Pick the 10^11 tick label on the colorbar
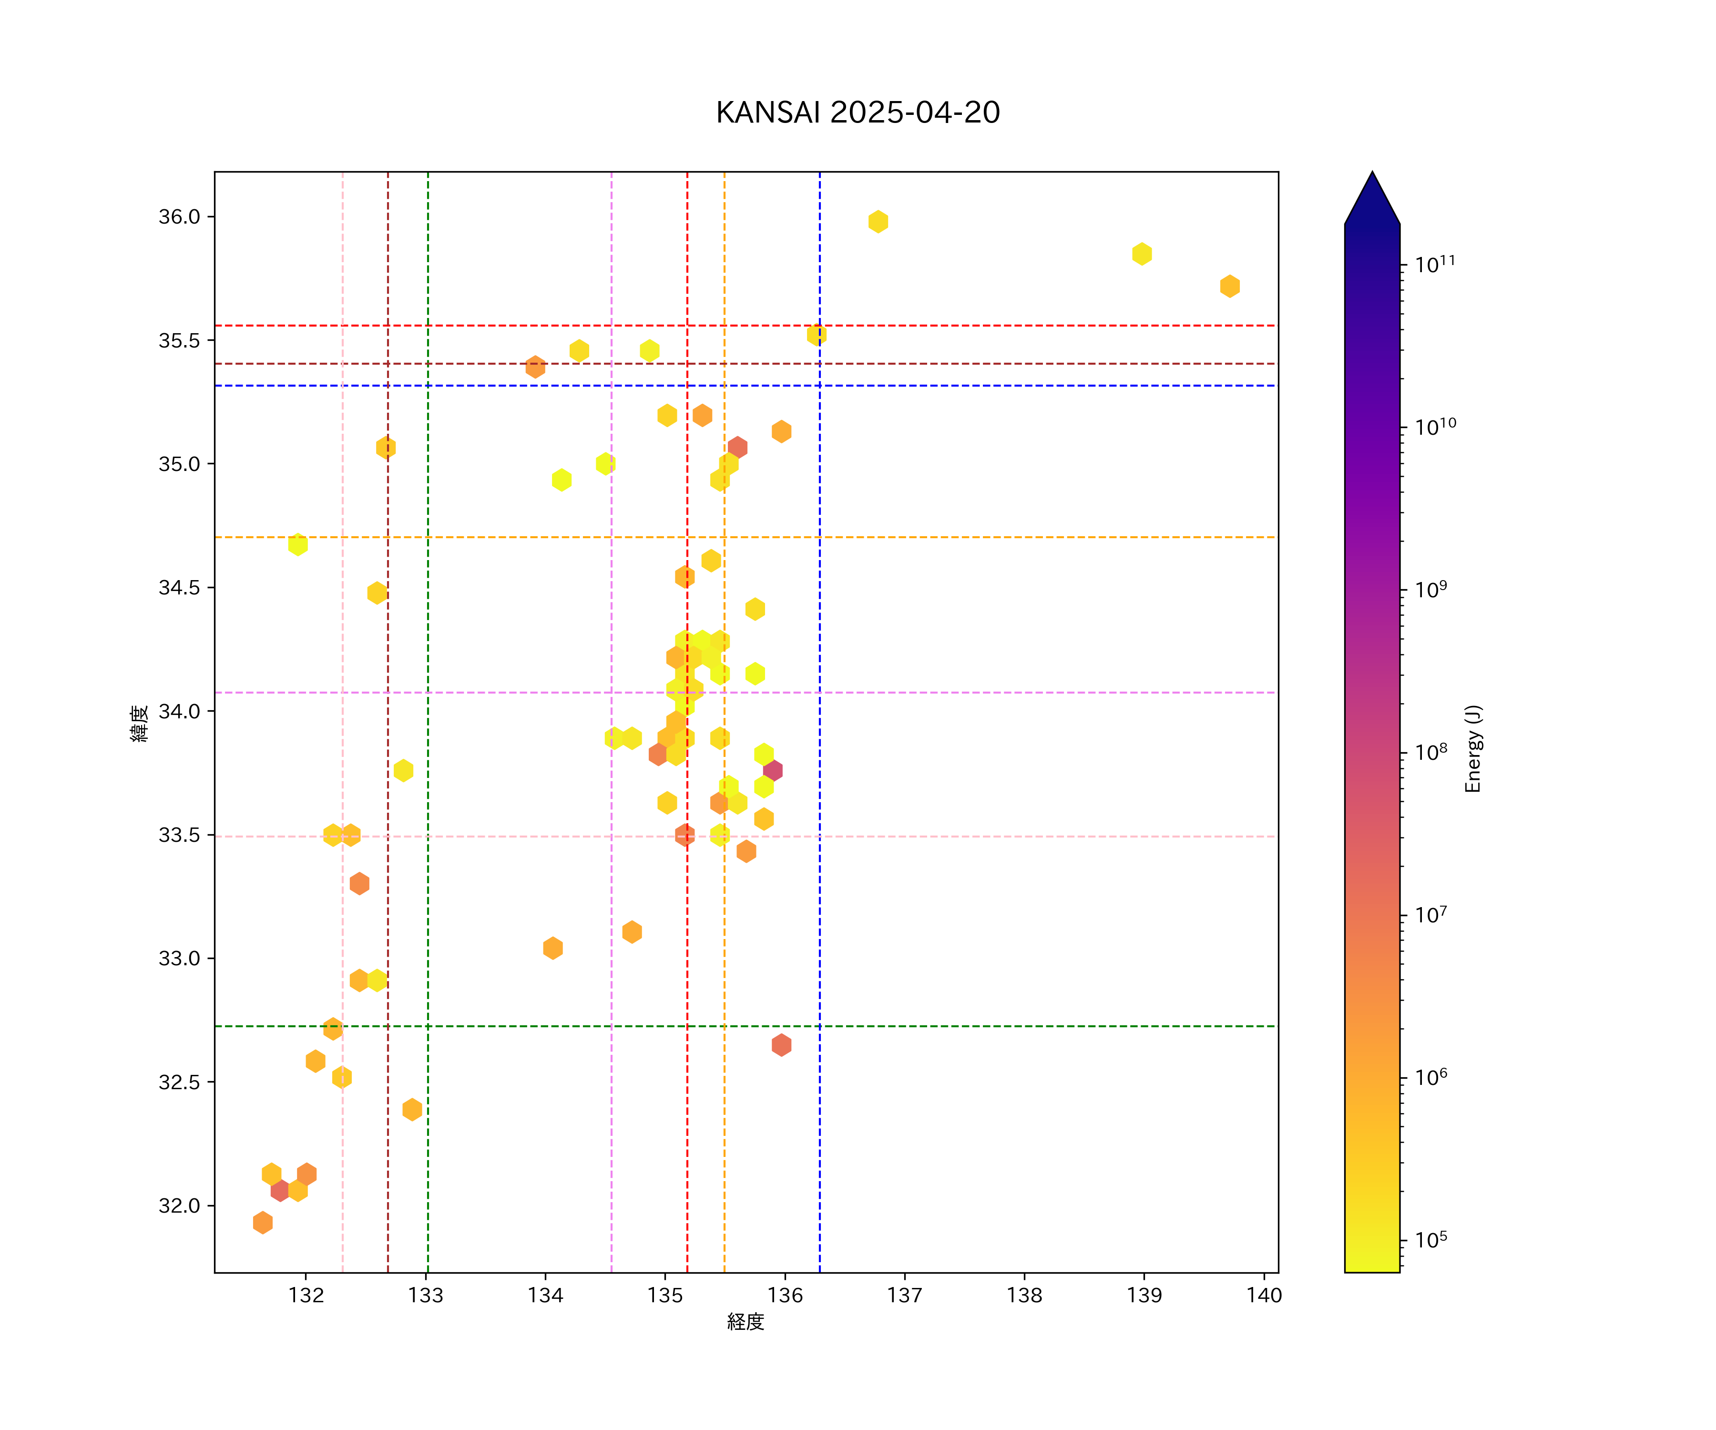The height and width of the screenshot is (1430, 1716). (x=1435, y=264)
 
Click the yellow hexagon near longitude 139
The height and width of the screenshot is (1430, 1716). (x=1142, y=254)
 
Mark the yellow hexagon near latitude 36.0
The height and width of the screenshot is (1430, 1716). (x=878, y=222)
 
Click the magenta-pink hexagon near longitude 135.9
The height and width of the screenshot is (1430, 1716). (x=772, y=771)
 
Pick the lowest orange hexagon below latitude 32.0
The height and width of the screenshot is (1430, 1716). (x=262, y=1223)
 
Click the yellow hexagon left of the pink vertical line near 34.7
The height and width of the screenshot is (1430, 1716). (x=297, y=544)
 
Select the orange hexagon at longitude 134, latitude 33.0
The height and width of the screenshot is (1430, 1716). (x=552, y=948)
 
